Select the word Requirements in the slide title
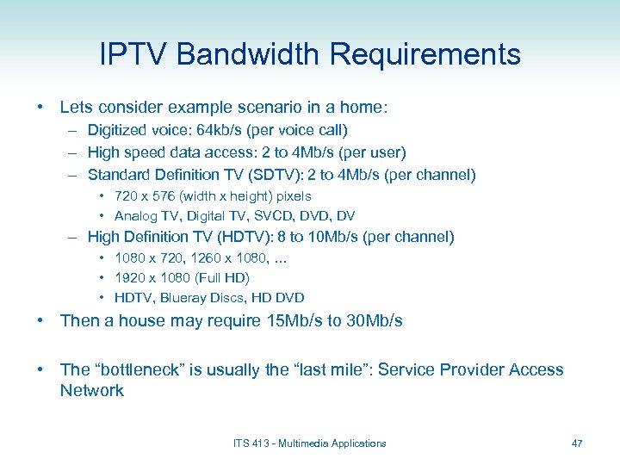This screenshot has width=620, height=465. (425, 54)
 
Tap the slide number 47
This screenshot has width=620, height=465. (577, 443)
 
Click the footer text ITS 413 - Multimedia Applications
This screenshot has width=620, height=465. (310, 443)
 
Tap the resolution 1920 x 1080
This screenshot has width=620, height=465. (150, 278)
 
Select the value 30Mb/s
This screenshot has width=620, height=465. (372, 321)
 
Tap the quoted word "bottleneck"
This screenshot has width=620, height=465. (138, 369)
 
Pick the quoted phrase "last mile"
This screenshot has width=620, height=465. (330, 369)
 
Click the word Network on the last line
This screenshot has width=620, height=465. (91, 391)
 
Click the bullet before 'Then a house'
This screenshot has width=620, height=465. (40, 321)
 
